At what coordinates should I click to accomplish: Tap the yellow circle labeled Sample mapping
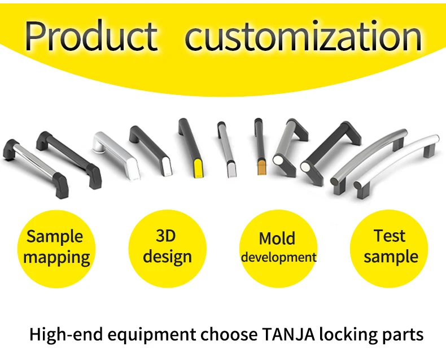click(55, 248)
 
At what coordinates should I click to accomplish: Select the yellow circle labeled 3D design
click(167, 248)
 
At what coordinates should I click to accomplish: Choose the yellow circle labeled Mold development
click(278, 248)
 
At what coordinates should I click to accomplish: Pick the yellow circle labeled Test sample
click(390, 248)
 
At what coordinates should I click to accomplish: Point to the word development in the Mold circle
click(278, 257)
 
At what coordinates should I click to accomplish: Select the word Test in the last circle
click(390, 236)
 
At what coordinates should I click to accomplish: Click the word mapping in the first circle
click(56, 258)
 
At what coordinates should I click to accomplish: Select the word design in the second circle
click(167, 257)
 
